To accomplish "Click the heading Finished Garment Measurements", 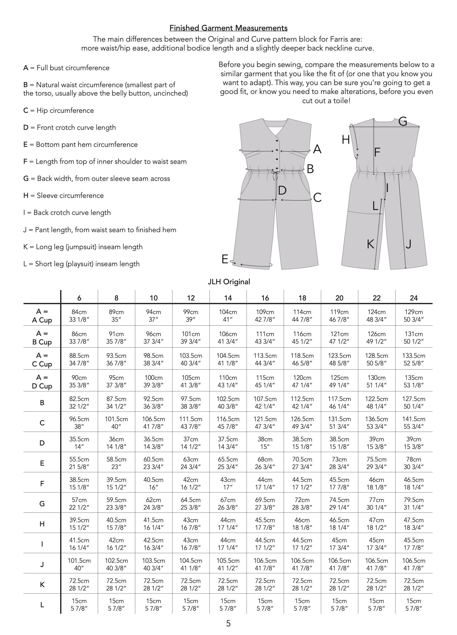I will [x=228, y=28].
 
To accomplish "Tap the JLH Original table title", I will [x=229, y=282].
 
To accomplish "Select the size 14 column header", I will [x=228, y=298].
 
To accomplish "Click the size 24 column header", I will [x=414, y=298].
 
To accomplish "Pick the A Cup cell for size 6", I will [x=79, y=316].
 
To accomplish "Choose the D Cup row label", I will [x=42, y=382].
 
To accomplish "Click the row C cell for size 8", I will [x=116, y=423].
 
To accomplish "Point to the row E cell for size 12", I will [x=191, y=463].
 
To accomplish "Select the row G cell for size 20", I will [x=339, y=504].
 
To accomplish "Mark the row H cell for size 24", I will [x=414, y=524].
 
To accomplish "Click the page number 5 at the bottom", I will [x=228, y=623].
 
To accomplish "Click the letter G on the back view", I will [x=402, y=121].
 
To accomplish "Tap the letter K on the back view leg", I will [x=370, y=244].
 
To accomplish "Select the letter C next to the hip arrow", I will [x=317, y=198].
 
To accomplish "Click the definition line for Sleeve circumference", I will [x=64, y=196].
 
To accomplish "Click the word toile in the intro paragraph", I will [x=340, y=101].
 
